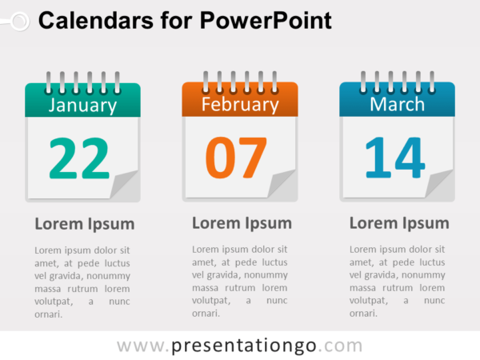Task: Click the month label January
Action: (x=82, y=105)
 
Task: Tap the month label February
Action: (x=240, y=104)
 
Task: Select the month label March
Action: (x=397, y=104)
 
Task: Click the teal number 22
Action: (x=78, y=158)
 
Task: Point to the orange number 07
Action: (x=236, y=158)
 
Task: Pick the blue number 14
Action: (x=394, y=158)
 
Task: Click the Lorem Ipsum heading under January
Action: (x=85, y=224)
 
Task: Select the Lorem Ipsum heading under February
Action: (x=242, y=223)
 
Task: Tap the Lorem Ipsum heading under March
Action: (x=399, y=223)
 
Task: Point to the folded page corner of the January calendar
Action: (x=124, y=186)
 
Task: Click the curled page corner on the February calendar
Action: (x=282, y=185)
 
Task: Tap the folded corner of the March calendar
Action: (x=439, y=185)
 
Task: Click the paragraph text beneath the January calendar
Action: (x=82, y=282)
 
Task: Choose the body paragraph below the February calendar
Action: (x=239, y=281)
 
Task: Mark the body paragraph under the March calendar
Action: (x=397, y=281)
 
